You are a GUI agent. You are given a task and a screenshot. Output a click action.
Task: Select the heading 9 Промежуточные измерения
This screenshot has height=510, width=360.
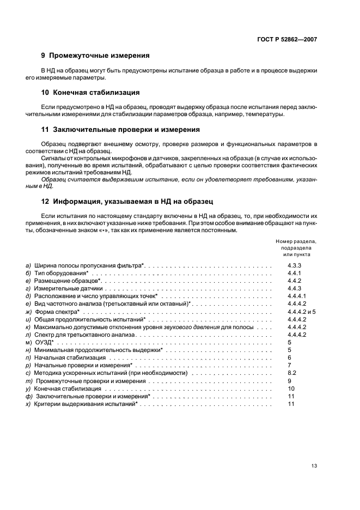(x=95, y=56)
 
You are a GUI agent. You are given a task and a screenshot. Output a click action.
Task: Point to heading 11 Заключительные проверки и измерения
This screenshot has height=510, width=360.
(x=120, y=130)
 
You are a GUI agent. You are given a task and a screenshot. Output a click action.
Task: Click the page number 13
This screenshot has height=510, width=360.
(x=314, y=465)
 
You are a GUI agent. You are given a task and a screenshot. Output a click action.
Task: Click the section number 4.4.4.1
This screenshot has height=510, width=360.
(x=296, y=296)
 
